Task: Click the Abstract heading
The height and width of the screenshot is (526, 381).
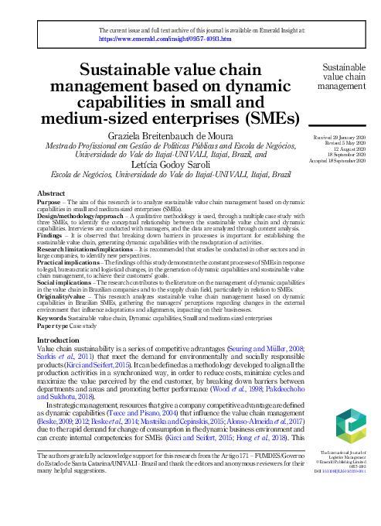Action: pyautogui.click(x=51, y=193)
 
